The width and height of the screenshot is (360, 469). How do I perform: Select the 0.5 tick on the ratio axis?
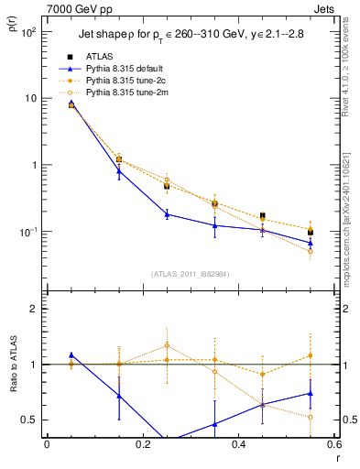tap(32, 420)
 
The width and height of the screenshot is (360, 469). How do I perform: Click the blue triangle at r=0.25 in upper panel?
tap(167, 214)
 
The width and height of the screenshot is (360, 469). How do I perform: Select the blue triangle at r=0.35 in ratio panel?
tap(214, 424)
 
